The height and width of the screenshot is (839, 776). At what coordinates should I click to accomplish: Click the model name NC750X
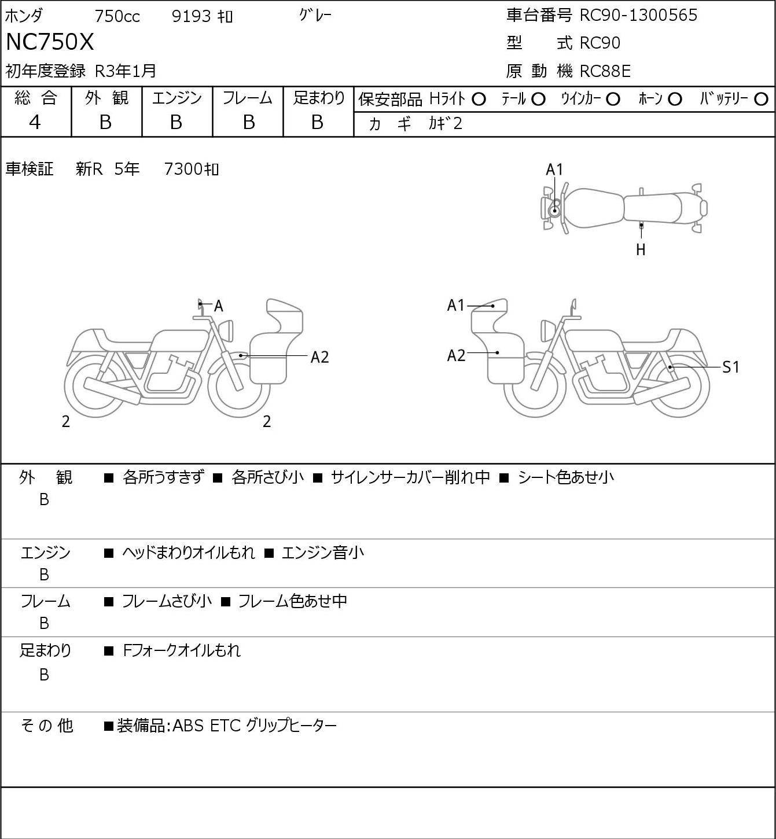click(x=49, y=42)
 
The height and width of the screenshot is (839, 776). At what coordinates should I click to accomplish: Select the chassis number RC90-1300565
click(x=638, y=15)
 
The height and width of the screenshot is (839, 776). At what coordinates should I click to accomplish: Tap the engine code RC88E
click(x=605, y=71)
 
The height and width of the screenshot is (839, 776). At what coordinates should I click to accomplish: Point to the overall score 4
click(x=35, y=123)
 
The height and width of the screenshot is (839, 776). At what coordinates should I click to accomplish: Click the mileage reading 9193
click(x=191, y=16)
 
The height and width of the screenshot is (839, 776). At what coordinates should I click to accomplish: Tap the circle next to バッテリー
click(x=761, y=100)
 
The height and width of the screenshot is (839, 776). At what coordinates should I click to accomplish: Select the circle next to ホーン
click(x=675, y=100)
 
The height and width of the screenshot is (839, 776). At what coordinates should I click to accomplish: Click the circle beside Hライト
click(x=479, y=100)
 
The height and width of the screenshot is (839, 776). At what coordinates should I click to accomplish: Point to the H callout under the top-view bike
click(x=641, y=249)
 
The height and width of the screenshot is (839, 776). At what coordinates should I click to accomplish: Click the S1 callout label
click(x=731, y=367)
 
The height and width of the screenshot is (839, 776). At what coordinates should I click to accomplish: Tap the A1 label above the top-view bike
click(x=554, y=170)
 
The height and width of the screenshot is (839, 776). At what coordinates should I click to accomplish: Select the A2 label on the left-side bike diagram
click(x=319, y=358)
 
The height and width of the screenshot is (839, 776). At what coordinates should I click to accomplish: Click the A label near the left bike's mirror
click(x=219, y=306)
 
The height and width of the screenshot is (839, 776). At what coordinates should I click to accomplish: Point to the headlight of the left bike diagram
click(x=226, y=330)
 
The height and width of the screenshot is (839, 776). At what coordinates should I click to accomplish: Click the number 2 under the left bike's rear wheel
click(x=65, y=421)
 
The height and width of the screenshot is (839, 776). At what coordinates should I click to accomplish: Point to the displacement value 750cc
click(x=117, y=16)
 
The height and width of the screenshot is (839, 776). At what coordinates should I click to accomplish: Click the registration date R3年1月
click(x=126, y=71)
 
